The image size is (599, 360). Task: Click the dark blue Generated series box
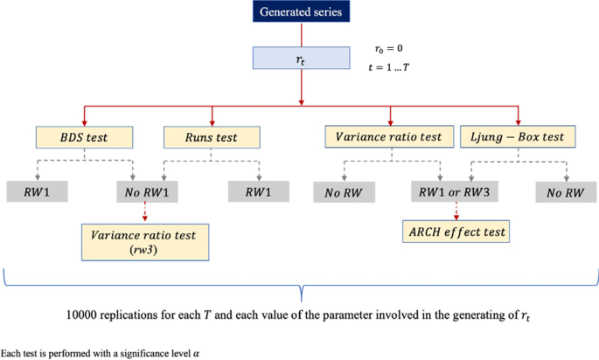(301, 13)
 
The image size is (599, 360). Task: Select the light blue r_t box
(301, 59)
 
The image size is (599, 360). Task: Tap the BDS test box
(84, 136)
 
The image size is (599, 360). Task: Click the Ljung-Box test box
(518, 136)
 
